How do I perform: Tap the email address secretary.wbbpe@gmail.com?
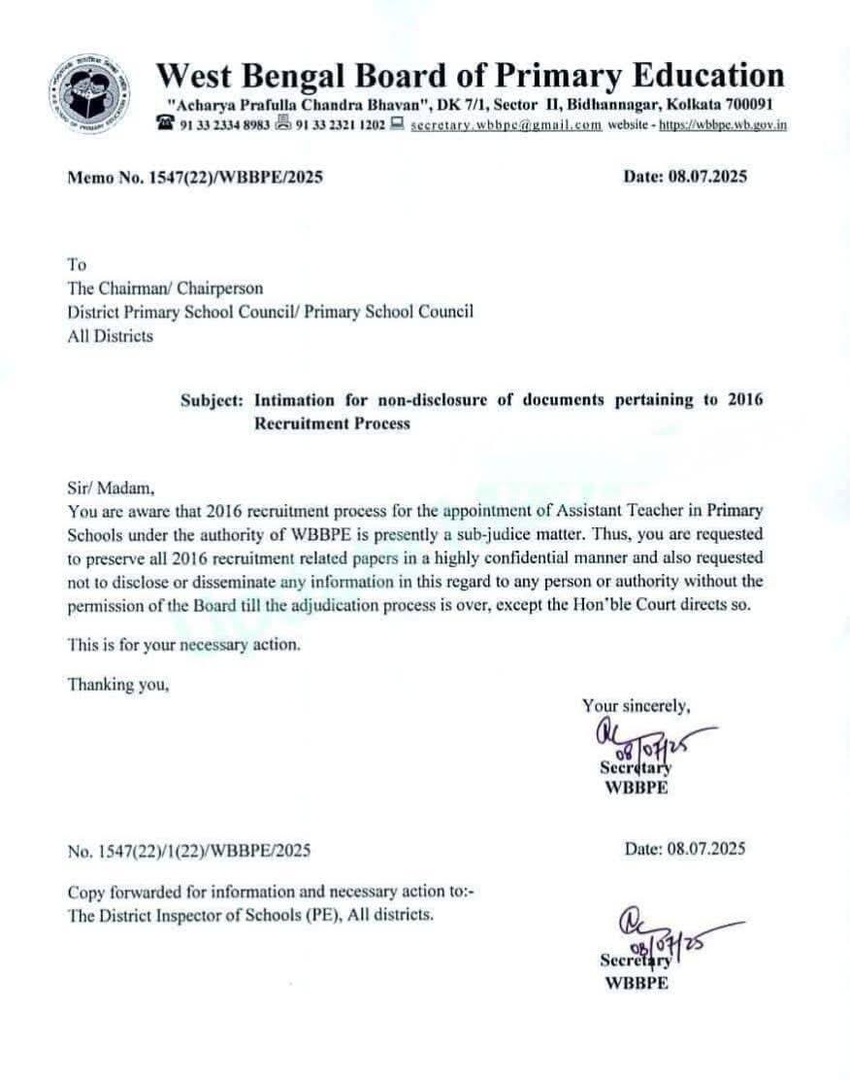pyautogui.click(x=506, y=125)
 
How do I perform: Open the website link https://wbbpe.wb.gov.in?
pyautogui.click(x=722, y=125)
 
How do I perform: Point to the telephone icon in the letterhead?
pyautogui.click(x=166, y=124)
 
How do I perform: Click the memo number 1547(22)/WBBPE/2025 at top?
pyautogui.click(x=230, y=178)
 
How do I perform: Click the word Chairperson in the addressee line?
pyautogui.click(x=218, y=287)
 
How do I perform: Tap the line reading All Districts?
pyautogui.click(x=110, y=336)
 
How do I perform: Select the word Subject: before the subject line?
pyautogui.click(x=212, y=400)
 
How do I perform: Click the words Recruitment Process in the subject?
pyautogui.click(x=332, y=423)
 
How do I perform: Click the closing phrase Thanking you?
pyautogui.click(x=118, y=684)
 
